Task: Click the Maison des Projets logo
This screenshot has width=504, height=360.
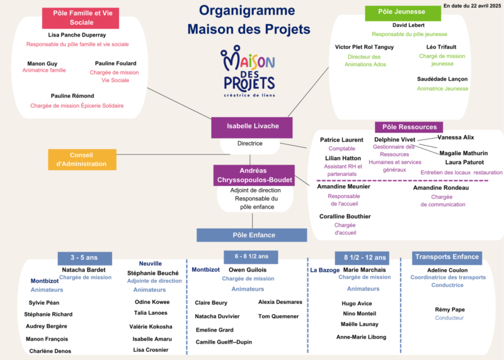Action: coord(248,71)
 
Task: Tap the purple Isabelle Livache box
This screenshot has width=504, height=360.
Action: coord(251,127)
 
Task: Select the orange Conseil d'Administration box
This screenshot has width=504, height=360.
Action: coord(82,160)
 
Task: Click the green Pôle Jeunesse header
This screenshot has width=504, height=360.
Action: coord(403,13)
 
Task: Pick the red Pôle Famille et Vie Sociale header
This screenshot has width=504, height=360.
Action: coord(81,18)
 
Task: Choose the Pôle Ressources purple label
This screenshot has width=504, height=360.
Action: coord(409,127)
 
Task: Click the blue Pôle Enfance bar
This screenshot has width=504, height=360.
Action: coord(251,235)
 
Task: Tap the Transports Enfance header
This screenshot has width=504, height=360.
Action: coord(447,258)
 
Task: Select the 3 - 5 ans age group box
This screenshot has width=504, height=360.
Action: coord(85,258)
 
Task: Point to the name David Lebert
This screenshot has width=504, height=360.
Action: coord(408,25)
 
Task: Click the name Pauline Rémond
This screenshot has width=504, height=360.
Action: coord(72,96)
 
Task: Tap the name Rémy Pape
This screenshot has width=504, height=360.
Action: coord(450,310)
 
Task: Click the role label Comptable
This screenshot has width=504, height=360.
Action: coord(341,149)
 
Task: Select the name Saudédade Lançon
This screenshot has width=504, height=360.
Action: coord(442,79)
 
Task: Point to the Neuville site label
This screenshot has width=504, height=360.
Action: coord(150,264)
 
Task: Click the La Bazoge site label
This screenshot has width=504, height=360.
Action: coord(324,270)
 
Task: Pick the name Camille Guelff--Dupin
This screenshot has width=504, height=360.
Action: coord(224,342)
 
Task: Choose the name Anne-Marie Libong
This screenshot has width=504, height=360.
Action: coord(361,337)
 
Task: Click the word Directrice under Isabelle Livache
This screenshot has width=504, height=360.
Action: coord(249,144)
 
